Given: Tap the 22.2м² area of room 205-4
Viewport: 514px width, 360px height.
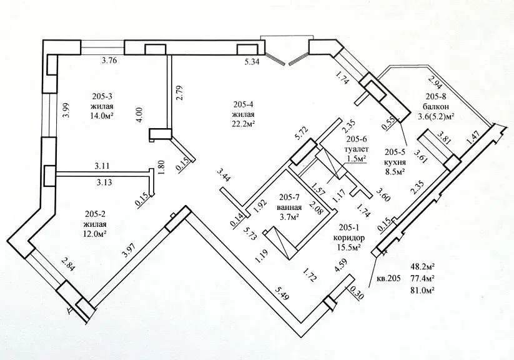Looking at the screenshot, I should click(243, 124).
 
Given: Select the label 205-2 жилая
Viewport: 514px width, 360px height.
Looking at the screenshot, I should click(94, 220).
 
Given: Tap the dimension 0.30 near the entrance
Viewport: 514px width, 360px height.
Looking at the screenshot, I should click(357, 291).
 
